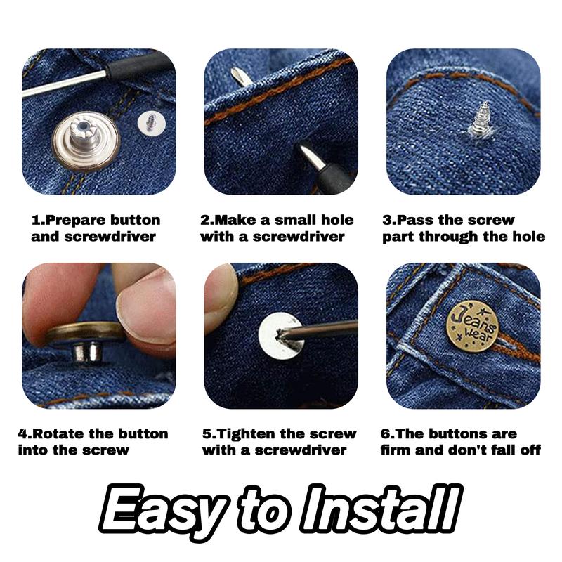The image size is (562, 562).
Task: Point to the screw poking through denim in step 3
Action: (x=481, y=119)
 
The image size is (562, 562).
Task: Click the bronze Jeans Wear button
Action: (x=472, y=326)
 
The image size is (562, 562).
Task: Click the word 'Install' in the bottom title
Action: (x=381, y=507)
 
